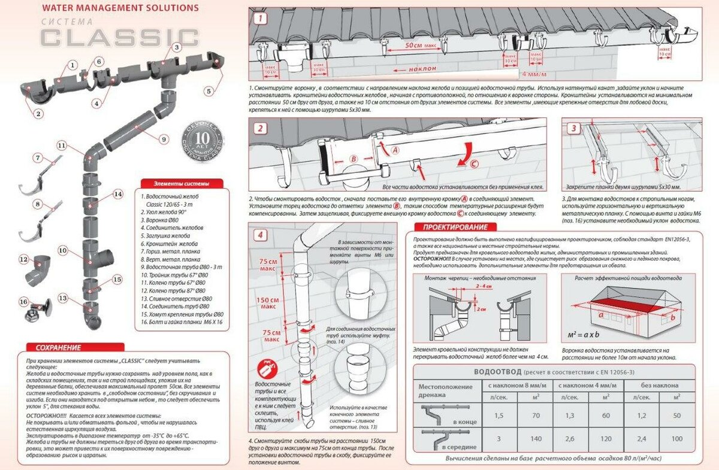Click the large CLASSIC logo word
click(120, 37)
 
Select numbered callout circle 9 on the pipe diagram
click(164, 140)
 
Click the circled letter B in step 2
click(354, 159)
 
